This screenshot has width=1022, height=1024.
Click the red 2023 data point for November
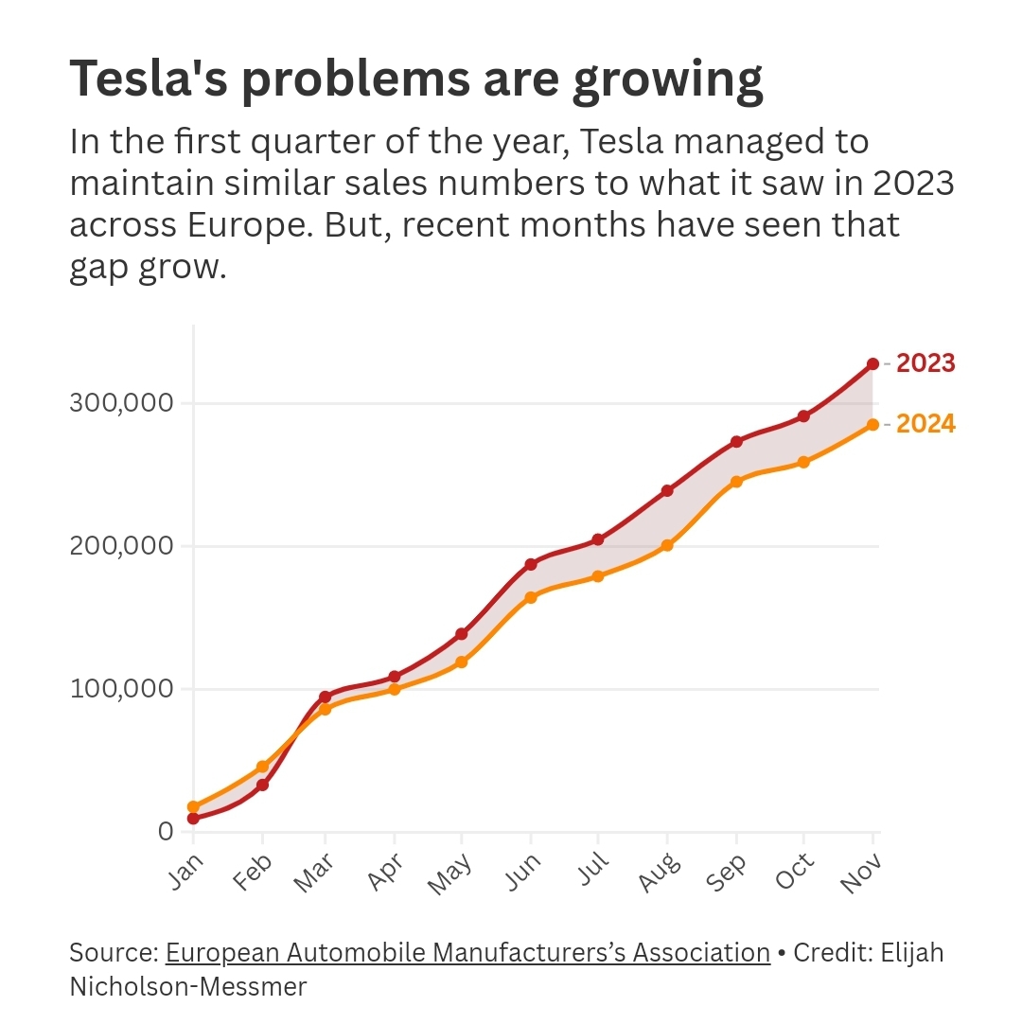click(x=872, y=363)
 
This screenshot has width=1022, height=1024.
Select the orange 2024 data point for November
click(x=872, y=425)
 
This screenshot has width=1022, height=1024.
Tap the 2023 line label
click(x=925, y=363)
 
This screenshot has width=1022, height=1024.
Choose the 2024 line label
click(x=925, y=425)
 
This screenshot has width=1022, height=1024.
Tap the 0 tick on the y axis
click(x=166, y=831)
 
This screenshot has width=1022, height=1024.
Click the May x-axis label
click(x=449, y=873)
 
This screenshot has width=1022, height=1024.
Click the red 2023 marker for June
click(x=531, y=564)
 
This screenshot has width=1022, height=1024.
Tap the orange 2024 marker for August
click(x=667, y=545)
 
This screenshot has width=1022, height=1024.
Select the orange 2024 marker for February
click(x=262, y=767)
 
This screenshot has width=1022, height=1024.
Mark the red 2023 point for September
click(x=736, y=441)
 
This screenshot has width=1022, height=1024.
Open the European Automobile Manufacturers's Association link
click(x=467, y=952)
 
